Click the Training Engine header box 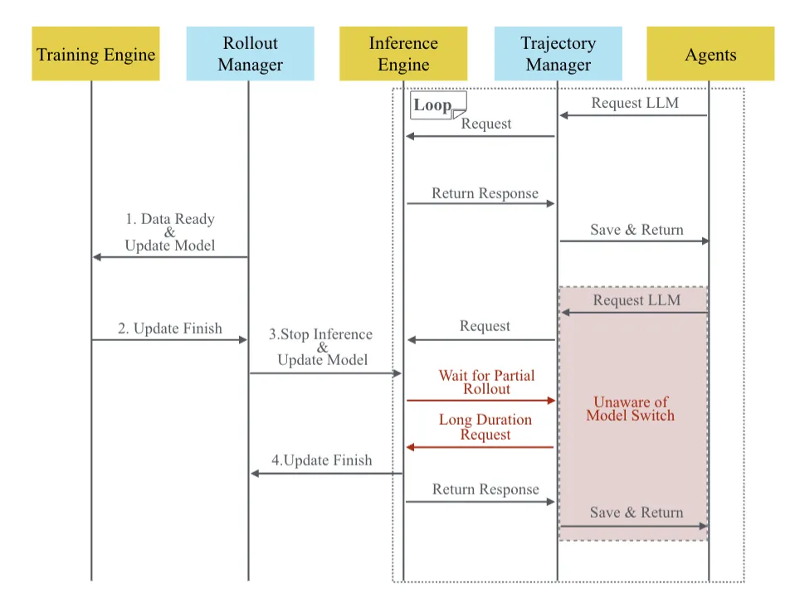pos(95,54)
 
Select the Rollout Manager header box pos(250,54)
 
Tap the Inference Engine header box pos(403,54)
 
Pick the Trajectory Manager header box pos(558,54)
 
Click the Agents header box pos(710,54)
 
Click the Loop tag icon pos(439,105)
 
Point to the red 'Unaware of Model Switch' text pos(631,409)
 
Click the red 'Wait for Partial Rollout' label pos(486,382)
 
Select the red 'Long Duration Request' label pos(485,427)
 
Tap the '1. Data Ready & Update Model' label pos(170,232)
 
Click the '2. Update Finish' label pos(170,329)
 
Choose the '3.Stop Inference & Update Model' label pos(323,348)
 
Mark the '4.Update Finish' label pos(322,460)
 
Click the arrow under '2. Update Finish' pos(170,339)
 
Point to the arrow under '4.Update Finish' pos(327,473)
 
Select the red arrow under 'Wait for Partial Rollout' pos(480,400)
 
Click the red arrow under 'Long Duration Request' pos(480,447)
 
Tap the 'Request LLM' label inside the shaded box pos(636,300)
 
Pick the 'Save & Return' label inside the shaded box pos(636,513)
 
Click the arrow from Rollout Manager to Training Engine pos(170,257)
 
